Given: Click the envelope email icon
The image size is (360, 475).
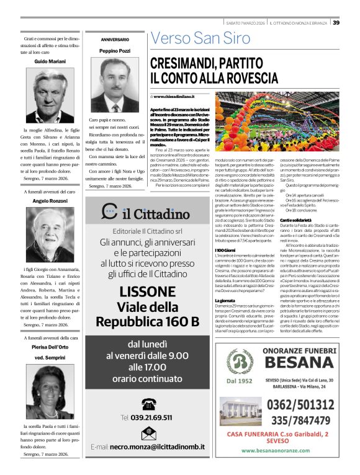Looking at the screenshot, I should tap(148, 433).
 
